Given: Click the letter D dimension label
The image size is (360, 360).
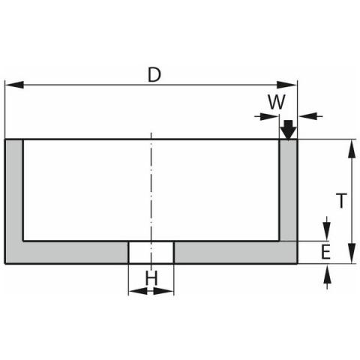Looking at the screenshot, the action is pyautogui.click(x=154, y=74).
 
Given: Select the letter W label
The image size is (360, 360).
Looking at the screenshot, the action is pyautogui.click(x=277, y=102).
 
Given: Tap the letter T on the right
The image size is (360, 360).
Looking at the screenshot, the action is pyautogui.click(x=341, y=200).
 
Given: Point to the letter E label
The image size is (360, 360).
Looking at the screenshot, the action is pyautogui.click(x=325, y=252).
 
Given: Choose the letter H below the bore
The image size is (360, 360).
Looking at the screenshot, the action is pyautogui.click(x=151, y=278).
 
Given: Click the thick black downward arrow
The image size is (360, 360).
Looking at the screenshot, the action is pyautogui.click(x=289, y=130).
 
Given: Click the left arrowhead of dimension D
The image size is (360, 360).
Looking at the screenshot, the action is pyautogui.click(x=14, y=85).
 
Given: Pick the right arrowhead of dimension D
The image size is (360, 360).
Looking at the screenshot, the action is pyautogui.click(x=287, y=85).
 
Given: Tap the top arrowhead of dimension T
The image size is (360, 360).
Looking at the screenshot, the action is pyautogui.click(x=352, y=148).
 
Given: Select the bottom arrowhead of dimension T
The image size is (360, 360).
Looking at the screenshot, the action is pyautogui.click(x=352, y=253).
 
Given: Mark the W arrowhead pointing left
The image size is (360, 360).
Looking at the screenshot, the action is pyautogui.click(x=307, y=116).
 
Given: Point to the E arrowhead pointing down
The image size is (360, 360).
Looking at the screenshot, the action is pyautogui.click(x=327, y=232).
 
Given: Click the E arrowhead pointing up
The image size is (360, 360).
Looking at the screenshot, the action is pyautogui.click(x=327, y=274).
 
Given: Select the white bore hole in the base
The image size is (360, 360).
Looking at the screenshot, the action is pyautogui.click(x=151, y=253).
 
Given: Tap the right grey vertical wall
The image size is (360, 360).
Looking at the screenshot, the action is pyautogui.click(x=288, y=190).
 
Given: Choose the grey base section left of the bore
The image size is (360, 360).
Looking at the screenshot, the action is pyautogui.click(x=75, y=253).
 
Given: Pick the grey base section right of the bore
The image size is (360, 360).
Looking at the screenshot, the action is pyautogui.click(x=235, y=253).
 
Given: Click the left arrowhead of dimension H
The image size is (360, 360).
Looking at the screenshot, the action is pyautogui.click(x=138, y=291).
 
